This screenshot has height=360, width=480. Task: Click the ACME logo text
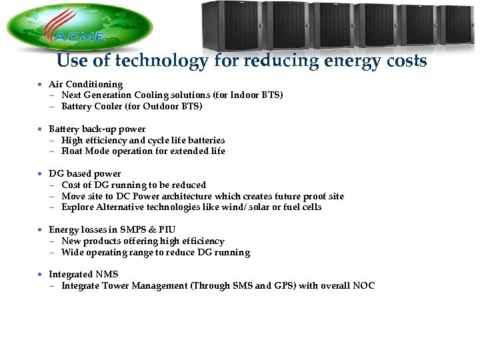[81, 37]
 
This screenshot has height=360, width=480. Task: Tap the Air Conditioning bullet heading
[85, 84]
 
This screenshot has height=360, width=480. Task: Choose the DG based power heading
[85, 173]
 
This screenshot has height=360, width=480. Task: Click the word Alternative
[123, 207]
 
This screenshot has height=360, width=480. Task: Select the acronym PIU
[167, 230]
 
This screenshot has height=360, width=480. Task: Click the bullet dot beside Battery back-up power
[41, 129]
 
